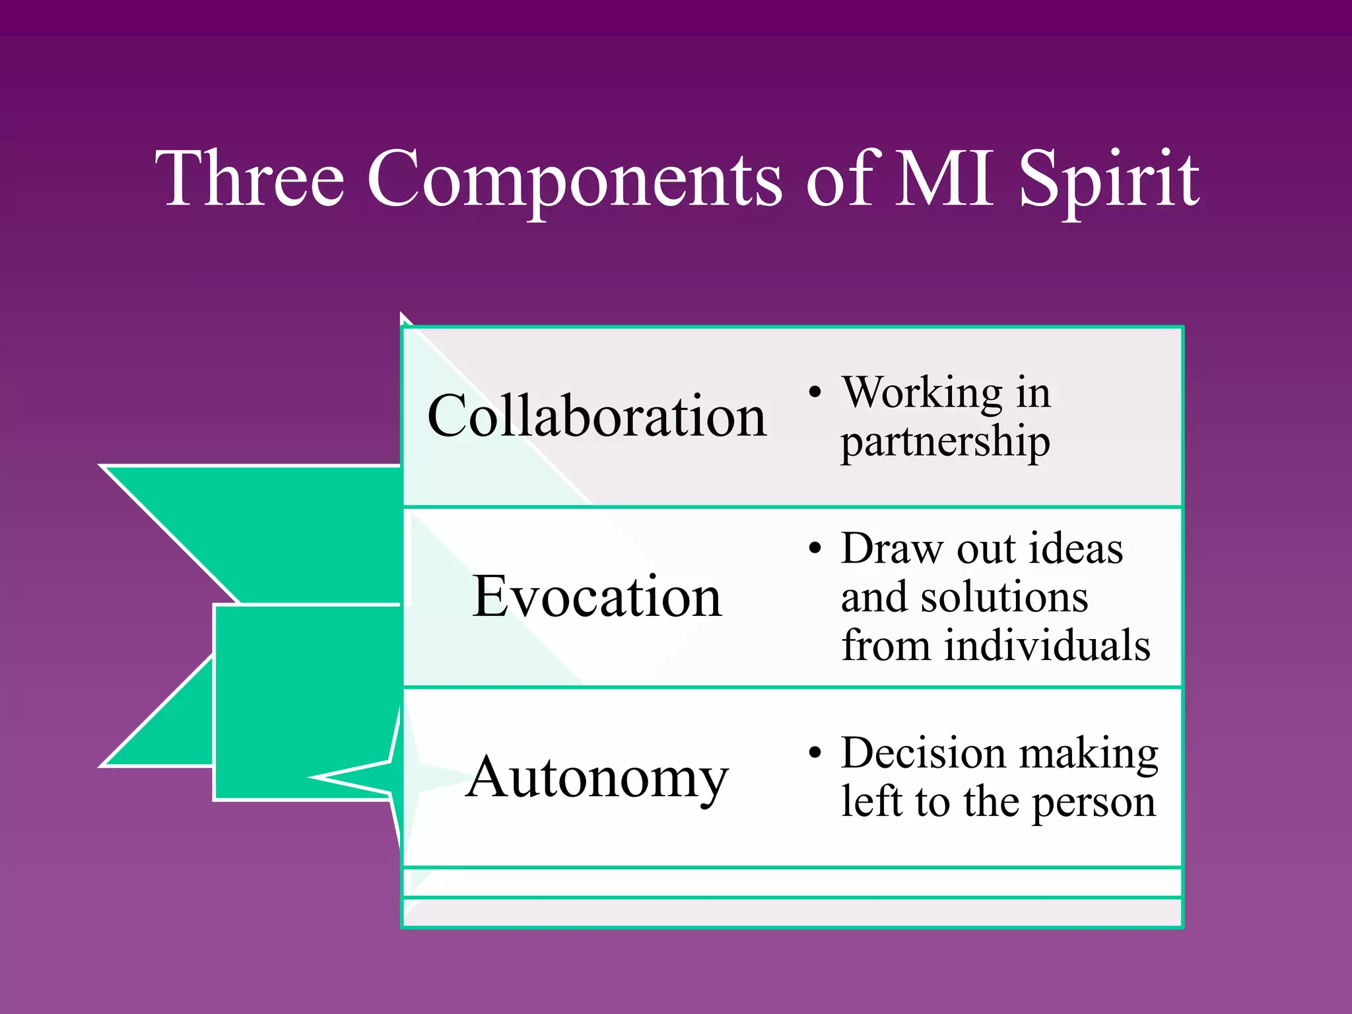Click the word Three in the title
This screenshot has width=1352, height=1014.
pyautogui.click(x=250, y=178)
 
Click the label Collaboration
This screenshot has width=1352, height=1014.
pyautogui.click(x=597, y=416)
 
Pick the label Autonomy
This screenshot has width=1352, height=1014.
pyautogui.click(x=597, y=778)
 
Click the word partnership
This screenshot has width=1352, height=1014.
pyautogui.click(x=945, y=442)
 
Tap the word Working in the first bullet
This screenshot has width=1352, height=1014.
pyautogui.click(x=922, y=393)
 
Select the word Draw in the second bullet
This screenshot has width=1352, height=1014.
pyautogui.click(x=892, y=549)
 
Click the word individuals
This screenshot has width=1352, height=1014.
pyautogui.click(x=1047, y=646)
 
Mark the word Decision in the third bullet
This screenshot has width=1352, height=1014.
pyautogui.click(x=924, y=753)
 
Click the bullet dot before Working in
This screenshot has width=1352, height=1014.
pyautogui.click(x=816, y=393)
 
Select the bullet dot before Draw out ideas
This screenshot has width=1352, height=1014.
pyautogui.click(x=816, y=549)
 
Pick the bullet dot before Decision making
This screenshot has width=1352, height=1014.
pyautogui.click(x=816, y=753)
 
